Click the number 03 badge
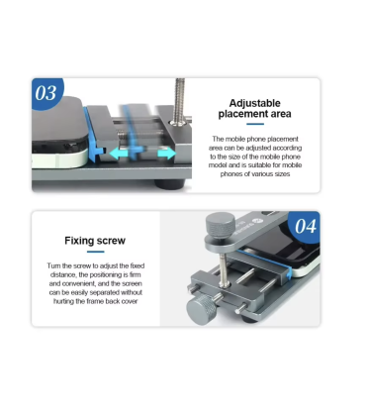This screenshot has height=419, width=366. click(46, 92)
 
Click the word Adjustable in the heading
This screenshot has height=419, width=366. click(254, 103)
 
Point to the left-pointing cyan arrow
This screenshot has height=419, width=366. click(119, 154)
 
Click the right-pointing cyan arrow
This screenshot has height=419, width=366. click(167, 154)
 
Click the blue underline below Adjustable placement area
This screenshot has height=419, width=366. click(255, 124)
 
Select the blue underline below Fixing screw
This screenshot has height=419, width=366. click(96, 252)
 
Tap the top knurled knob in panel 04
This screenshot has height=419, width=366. click(221, 224)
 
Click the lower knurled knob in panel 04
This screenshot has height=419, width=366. click(201, 308)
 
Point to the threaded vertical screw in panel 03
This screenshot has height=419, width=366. click(180, 101)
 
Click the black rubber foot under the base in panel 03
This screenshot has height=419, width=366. click(169, 184)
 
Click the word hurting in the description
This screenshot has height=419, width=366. click(63, 301)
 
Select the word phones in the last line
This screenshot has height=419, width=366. click(230, 174)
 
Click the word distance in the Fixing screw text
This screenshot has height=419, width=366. click(62, 274)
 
